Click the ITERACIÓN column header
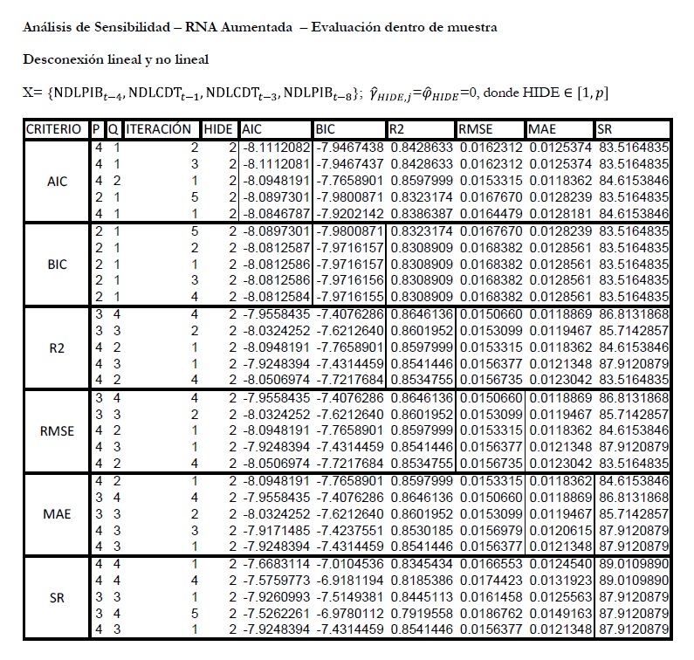158,129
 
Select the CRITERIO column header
56,129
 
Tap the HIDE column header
217,129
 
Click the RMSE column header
477,129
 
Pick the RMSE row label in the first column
56,430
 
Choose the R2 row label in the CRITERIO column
56,347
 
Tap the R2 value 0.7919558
421,614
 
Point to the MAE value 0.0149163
560,614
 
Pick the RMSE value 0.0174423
490,581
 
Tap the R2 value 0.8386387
421,213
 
